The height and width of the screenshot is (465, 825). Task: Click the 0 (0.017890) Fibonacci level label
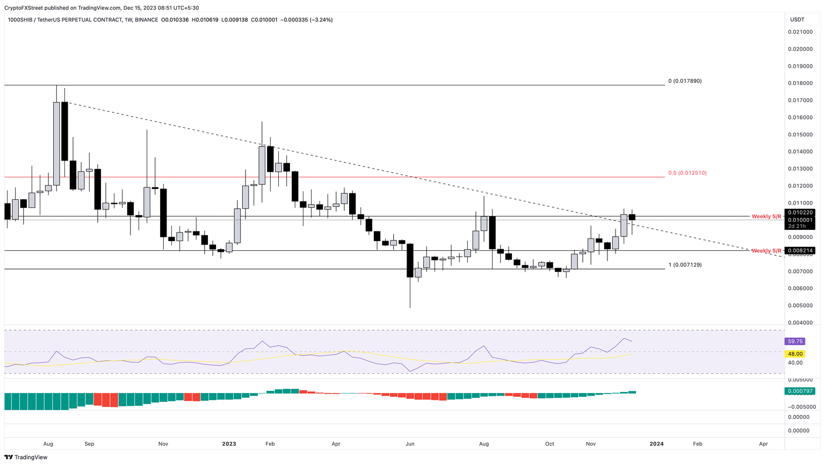pos(685,81)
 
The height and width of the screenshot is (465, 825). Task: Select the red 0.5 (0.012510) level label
pos(687,173)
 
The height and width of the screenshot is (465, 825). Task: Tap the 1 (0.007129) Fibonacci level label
pos(685,265)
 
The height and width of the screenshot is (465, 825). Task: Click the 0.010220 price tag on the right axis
pos(800,213)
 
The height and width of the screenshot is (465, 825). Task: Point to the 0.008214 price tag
pos(800,251)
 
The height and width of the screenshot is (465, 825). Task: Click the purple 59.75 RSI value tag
pos(795,342)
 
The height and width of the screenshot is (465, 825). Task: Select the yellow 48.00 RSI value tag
pos(795,354)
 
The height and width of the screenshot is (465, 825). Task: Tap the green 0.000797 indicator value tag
pos(800,391)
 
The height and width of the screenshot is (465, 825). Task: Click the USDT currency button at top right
pos(797,20)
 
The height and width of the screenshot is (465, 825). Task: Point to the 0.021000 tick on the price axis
pos(800,32)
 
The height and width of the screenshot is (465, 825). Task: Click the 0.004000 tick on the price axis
pos(800,323)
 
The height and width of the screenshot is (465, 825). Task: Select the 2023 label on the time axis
pos(229,444)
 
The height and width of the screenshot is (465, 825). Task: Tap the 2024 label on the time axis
pos(656,444)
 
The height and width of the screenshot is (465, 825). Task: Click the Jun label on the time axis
pos(410,444)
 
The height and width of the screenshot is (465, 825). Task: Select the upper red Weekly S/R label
pos(766,216)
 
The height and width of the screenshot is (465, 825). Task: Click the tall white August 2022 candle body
pos(56,143)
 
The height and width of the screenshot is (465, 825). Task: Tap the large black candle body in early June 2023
pos(410,260)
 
